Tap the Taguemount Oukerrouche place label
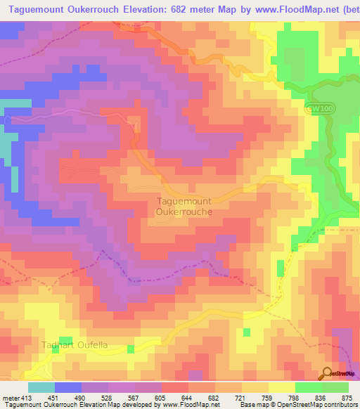tap(181, 205)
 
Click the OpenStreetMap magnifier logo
tap(327, 373)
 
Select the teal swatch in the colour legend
tap(41, 387)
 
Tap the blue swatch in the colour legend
tap(68, 387)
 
